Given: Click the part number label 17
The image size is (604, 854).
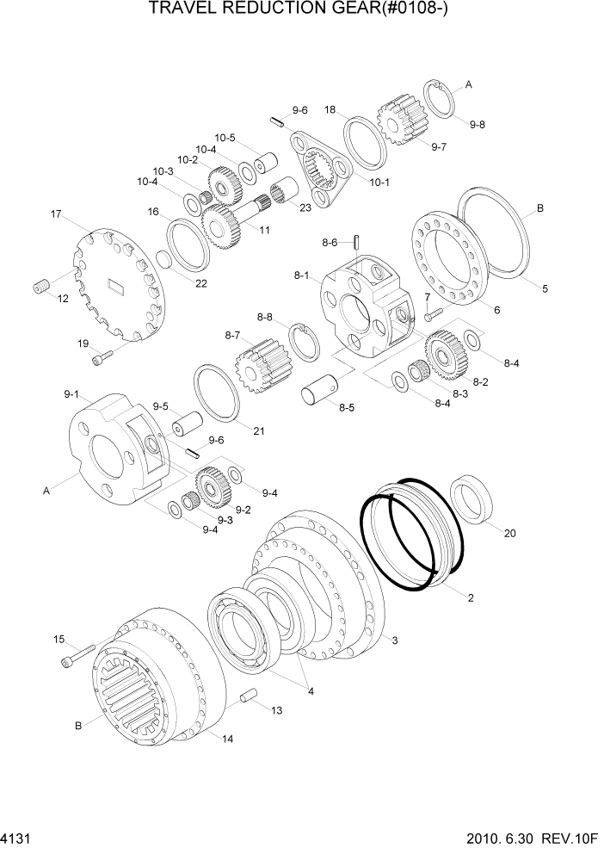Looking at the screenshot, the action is (57, 213).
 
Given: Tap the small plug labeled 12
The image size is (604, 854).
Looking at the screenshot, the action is (41, 288).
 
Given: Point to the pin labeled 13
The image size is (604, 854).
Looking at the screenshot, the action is (249, 696).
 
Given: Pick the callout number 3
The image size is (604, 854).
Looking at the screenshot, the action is (394, 640).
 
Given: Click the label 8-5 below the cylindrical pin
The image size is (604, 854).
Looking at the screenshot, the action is (346, 407).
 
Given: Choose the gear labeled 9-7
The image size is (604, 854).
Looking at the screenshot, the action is (400, 120).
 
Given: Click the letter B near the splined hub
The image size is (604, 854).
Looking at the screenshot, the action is (77, 726).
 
